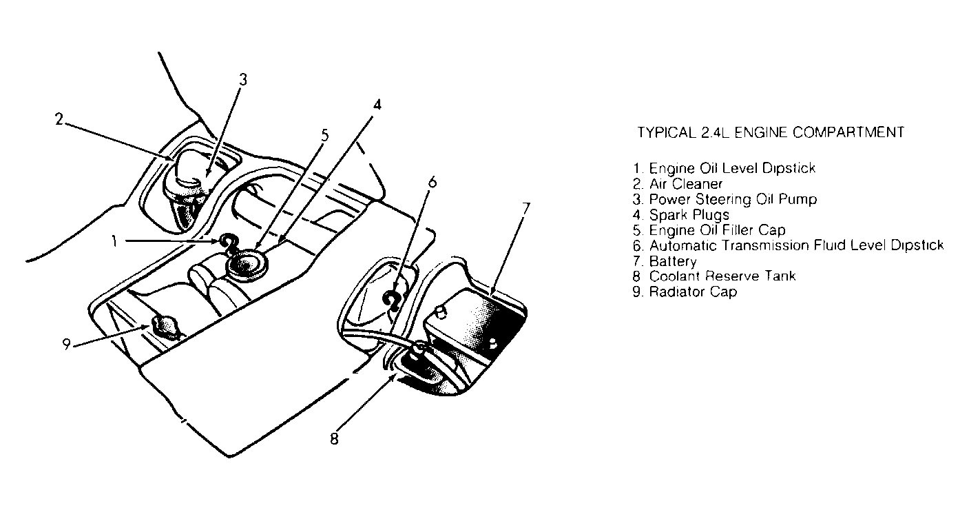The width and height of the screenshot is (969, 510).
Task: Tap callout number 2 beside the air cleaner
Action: pyautogui.click(x=60, y=118)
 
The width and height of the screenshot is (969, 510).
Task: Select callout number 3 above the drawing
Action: pyautogui.click(x=242, y=79)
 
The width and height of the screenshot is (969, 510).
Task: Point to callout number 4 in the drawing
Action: pyautogui.click(x=377, y=105)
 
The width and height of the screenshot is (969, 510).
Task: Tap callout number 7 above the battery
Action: pyautogui.click(x=525, y=210)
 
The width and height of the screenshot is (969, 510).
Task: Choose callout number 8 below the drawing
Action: pyautogui.click(x=334, y=439)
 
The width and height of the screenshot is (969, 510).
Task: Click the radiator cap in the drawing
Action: pyautogui.click(x=165, y=325)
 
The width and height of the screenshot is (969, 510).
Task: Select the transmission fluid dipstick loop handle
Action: pyautogui.click(x=393, y=298)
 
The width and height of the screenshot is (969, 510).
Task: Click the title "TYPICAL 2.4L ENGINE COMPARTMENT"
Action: pyautogui.click(x=770, y=132)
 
